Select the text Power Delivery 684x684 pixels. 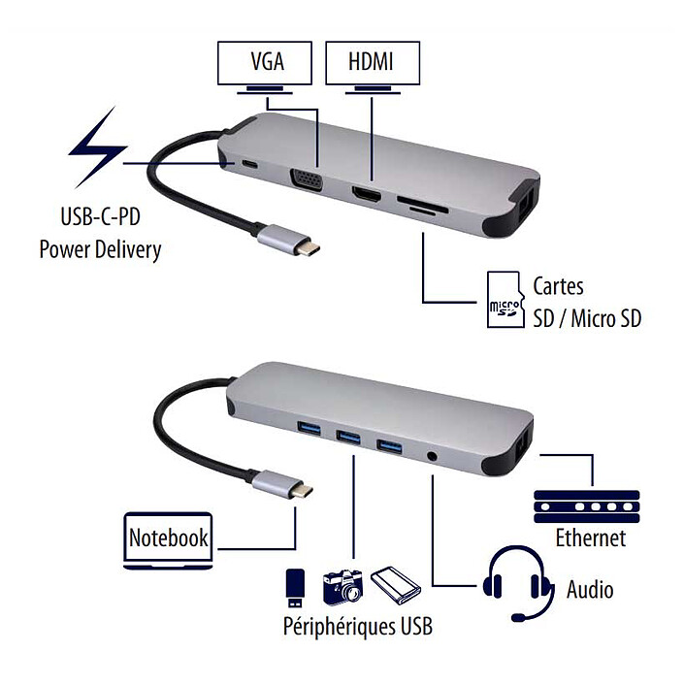point(100,248)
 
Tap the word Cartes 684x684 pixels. point(559,287)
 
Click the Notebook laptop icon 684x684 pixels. point(169,538)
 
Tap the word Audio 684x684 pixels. point(590,589)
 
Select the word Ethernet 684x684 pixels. point(590,538)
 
